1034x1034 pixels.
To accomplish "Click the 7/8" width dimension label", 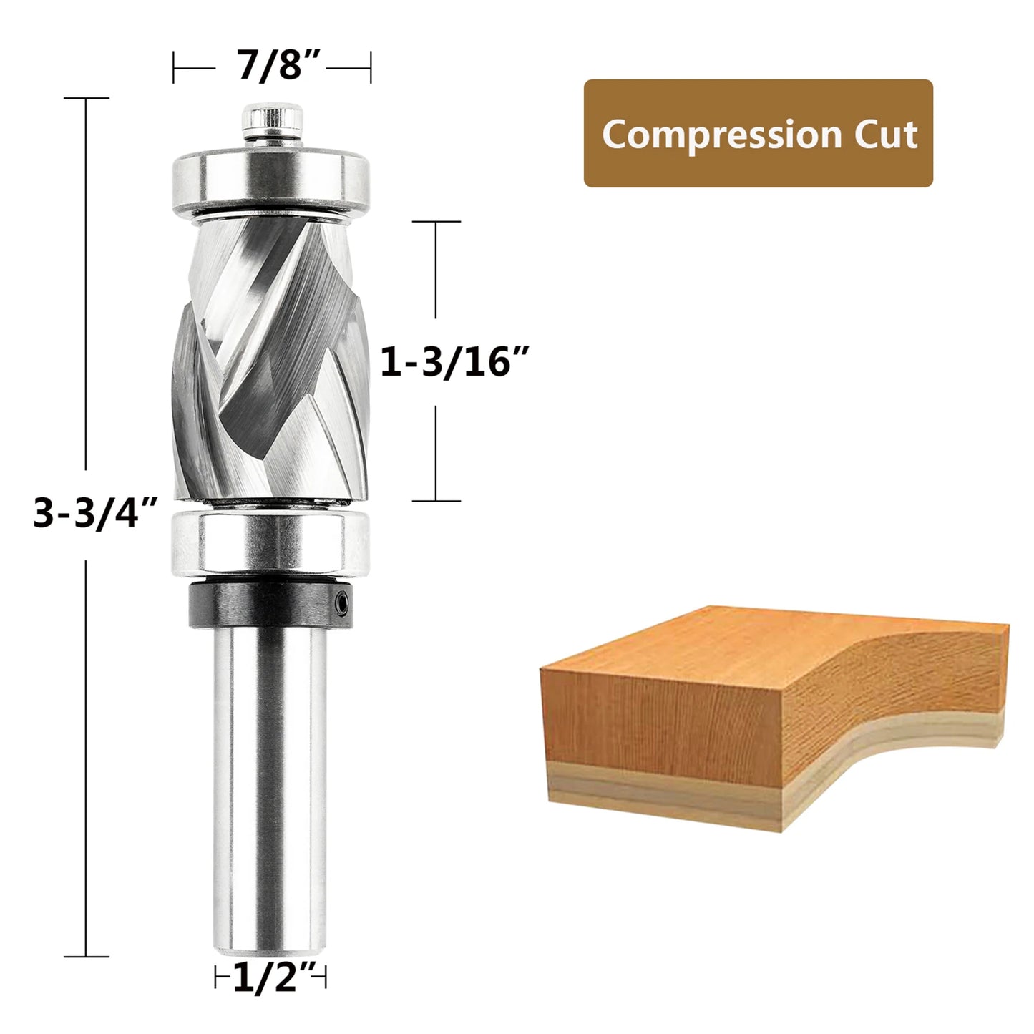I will tap(272, 66).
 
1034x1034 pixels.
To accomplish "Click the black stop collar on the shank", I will tap(270, 605).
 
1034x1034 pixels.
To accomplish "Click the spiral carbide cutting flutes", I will tap(270, 358).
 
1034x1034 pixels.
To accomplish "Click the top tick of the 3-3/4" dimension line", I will tap(87, 98).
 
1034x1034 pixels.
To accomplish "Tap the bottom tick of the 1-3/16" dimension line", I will tap(436, 501).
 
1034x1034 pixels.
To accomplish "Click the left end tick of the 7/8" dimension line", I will tap(174, 67).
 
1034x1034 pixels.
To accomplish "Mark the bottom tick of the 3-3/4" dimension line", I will tap(87, 956).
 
